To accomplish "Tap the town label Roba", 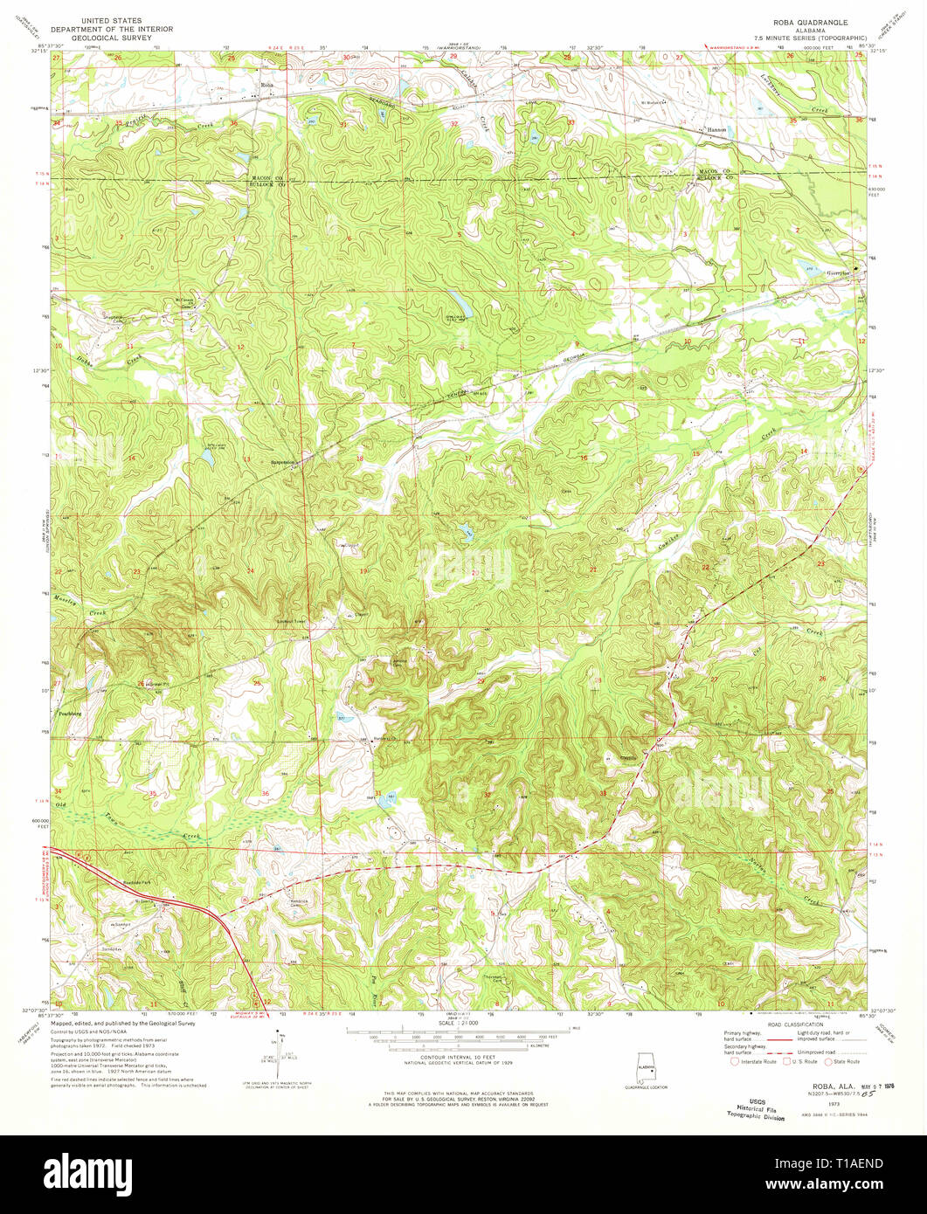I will click(x=267, y=85).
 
